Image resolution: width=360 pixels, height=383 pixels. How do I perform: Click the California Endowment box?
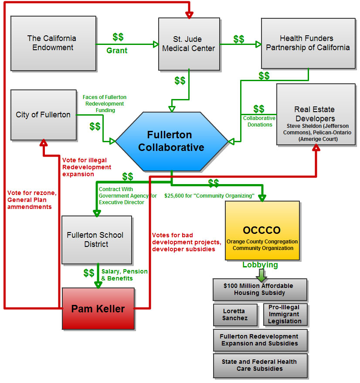[53, 43]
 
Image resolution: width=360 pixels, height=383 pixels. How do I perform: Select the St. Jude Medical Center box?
[188, 44]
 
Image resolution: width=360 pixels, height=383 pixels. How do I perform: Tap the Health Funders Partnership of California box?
[308, 43]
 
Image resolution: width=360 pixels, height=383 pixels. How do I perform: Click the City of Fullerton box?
[43, 115]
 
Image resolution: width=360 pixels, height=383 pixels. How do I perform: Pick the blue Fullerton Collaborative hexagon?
[171, 141]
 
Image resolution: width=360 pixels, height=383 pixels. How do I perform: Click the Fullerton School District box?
[96, 239]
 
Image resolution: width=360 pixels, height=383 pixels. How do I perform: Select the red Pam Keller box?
[98, 309]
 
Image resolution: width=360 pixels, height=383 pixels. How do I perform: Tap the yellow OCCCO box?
[262, 230]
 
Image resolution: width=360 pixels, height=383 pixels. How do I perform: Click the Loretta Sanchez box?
[235, 315]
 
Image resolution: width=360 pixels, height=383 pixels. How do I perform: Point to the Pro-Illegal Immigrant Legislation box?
[285, 315]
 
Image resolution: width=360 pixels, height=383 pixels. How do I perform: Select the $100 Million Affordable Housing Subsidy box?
[260, 289]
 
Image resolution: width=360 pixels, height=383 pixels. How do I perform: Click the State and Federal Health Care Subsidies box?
[260, 365]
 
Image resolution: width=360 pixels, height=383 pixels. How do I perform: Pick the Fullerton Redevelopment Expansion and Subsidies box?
[260, 340]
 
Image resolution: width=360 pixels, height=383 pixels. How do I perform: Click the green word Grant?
[117, 51]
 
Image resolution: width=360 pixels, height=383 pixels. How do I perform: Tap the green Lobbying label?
[260, 265]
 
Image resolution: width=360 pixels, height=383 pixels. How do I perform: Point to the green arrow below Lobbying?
[261, 275]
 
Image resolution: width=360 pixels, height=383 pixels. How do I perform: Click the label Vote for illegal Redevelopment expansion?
[87, 167]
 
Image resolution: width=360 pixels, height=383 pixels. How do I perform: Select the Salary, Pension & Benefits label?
[124, 275]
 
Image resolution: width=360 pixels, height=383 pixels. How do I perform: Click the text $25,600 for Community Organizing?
[209, 196]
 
